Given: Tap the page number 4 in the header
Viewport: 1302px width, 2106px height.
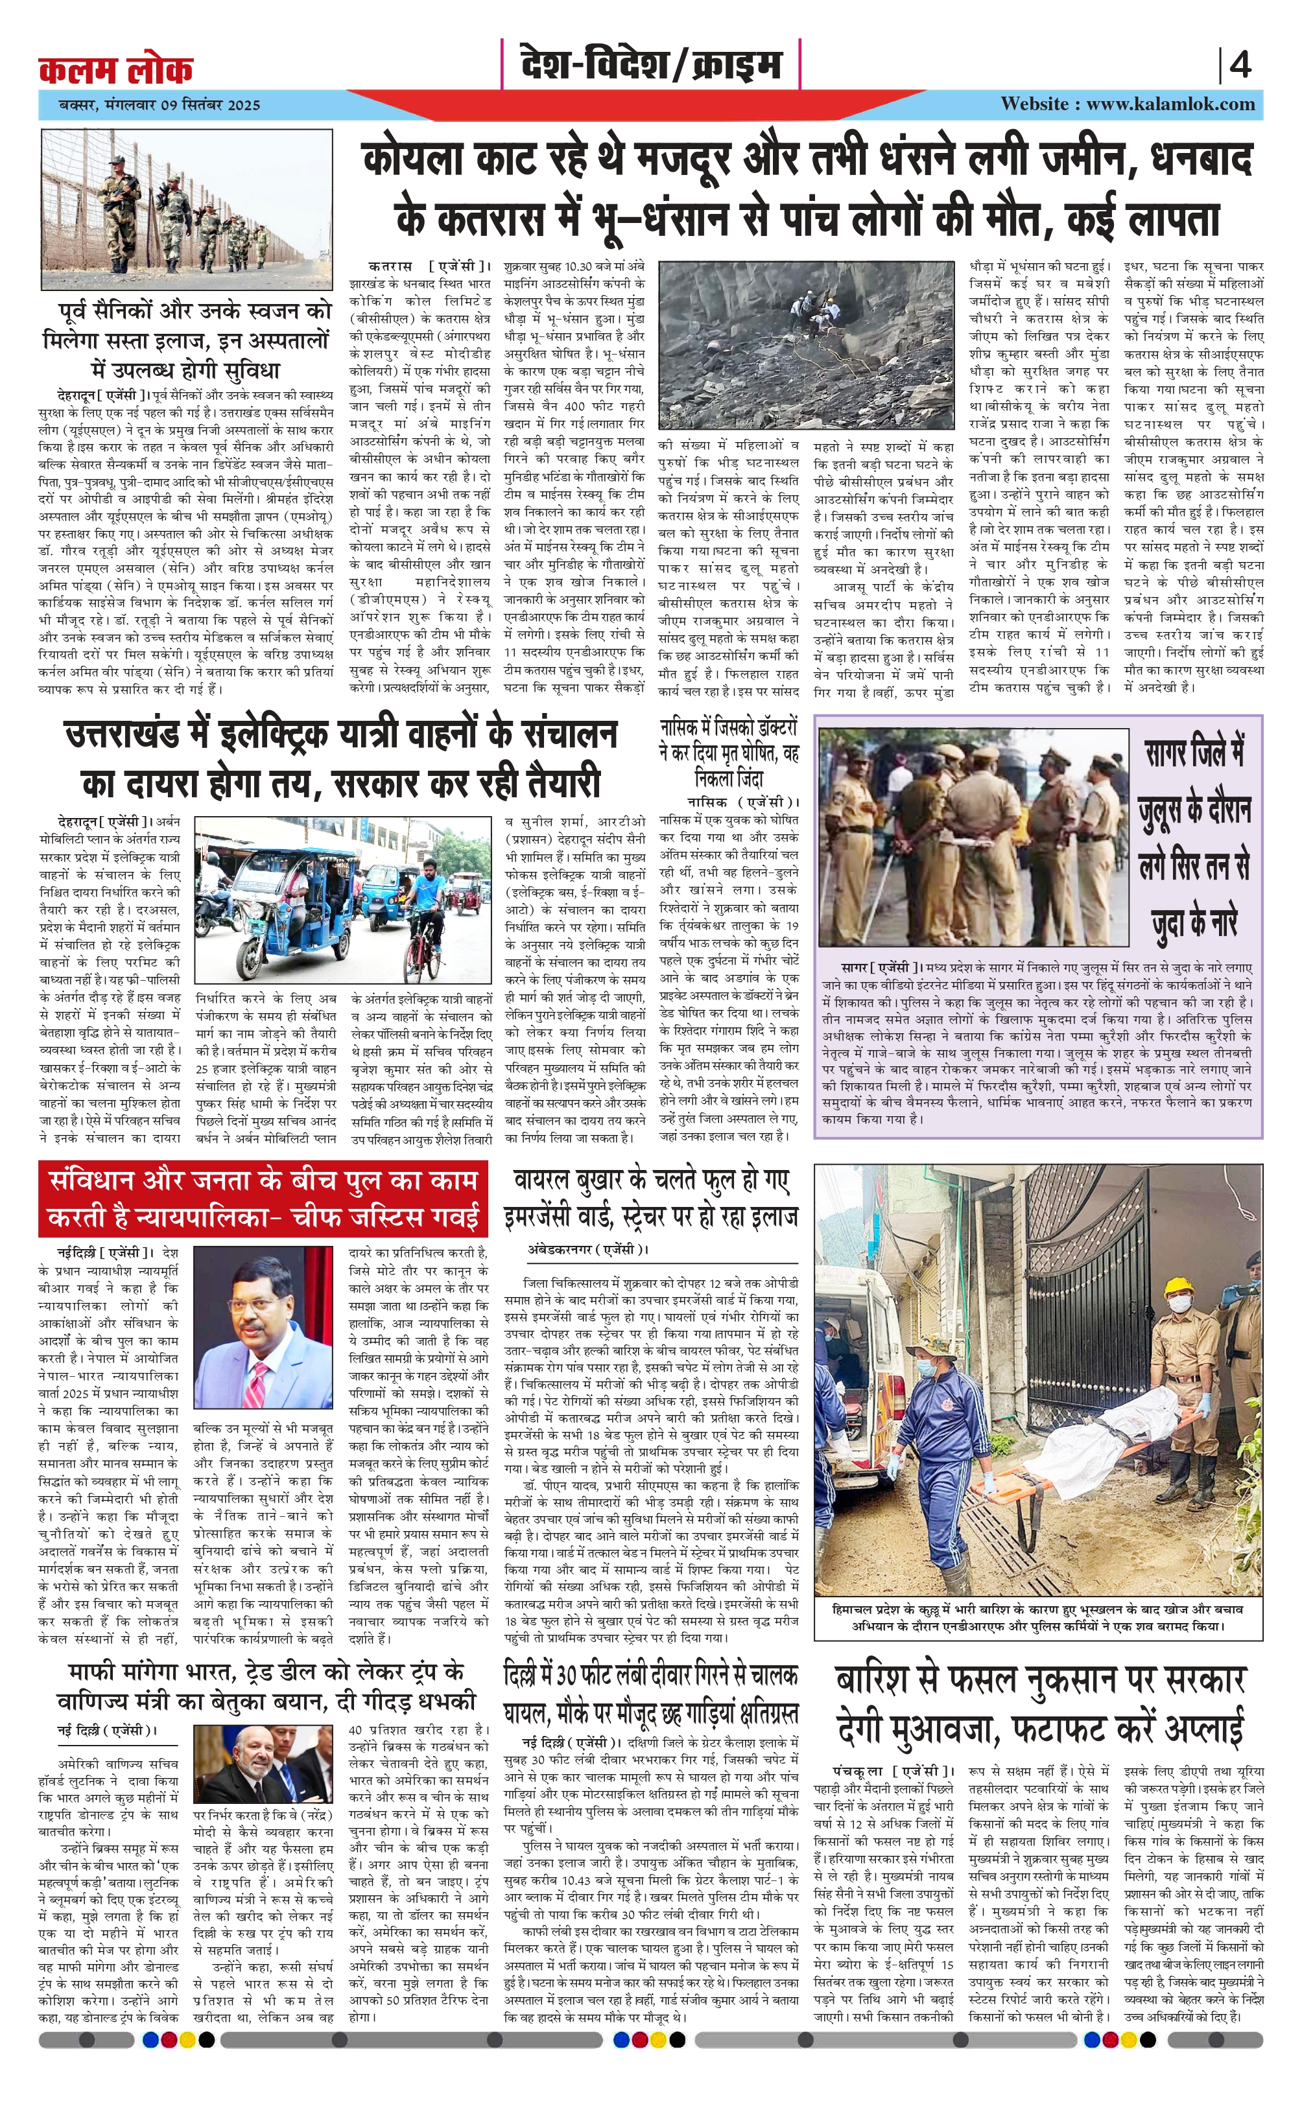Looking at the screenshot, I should (1239, 65).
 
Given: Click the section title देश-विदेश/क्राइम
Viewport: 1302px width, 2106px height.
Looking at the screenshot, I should (650, 65).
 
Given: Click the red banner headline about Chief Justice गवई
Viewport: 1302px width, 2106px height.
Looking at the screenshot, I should (263, 1200).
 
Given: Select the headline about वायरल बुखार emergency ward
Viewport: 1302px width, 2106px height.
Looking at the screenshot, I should (656, 1198).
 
